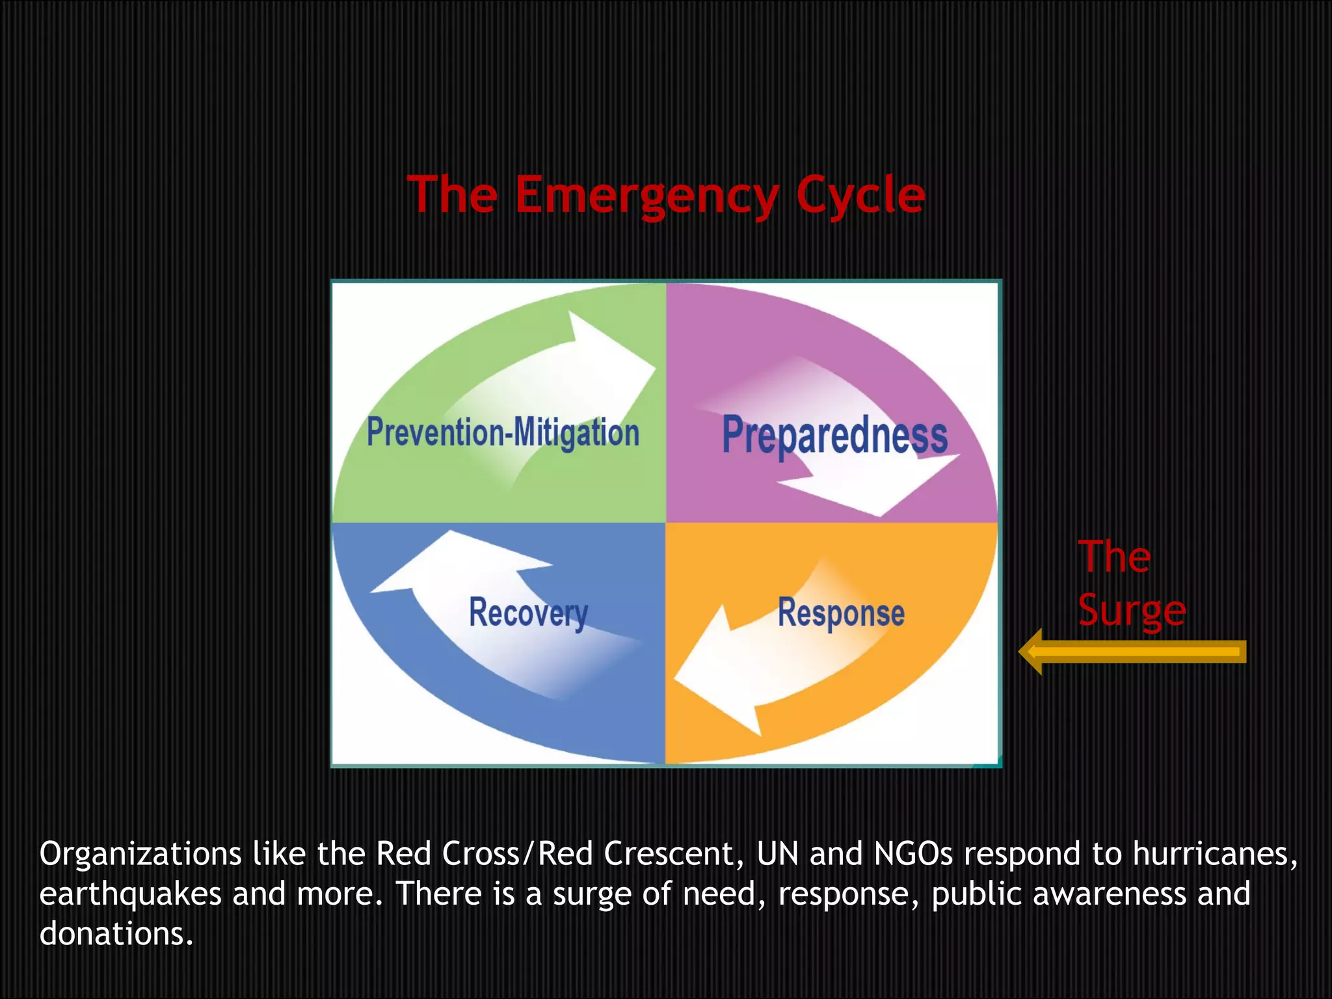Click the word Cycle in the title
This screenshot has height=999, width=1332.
pyautogui.click(x=860, y=195)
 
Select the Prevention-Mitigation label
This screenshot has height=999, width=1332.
pyautogui.click(x=503, y=433)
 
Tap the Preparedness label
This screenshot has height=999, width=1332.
pyautogui.click(x=834, y=435)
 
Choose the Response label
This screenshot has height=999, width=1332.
pyautogui.click(x=841, y=613)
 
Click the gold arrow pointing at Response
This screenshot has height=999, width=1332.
pyautogui.click(x=1132, y=651)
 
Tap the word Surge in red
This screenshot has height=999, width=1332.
pyautogui.click(x=1132, y=610)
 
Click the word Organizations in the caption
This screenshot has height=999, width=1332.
pyautogui.click(x=140, y=854)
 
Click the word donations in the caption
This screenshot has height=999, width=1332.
pyautogui.click(x=116, y=934)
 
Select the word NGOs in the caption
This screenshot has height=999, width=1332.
pyautogui.click(x=913, y=854)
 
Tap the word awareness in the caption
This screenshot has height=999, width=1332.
pyautogui.click(x=1109, y=894)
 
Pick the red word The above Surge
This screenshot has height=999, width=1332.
pyautogui.click(x=1113, y=557)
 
